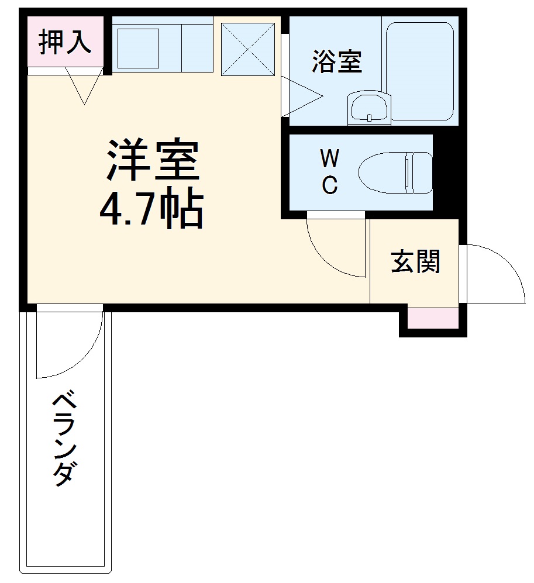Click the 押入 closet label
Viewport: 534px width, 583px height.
(65, 43)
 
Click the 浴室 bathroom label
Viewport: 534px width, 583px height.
(336, 62)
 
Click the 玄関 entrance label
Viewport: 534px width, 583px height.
(415, 261)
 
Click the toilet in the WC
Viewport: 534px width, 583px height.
(395, 173)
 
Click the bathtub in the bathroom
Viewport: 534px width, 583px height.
(420, 71)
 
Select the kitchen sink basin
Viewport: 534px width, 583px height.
(139, 49)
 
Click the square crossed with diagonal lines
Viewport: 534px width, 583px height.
(248, 49)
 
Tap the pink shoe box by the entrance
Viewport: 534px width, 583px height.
(433, 319)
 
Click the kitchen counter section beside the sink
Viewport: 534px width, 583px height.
(197, 49)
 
